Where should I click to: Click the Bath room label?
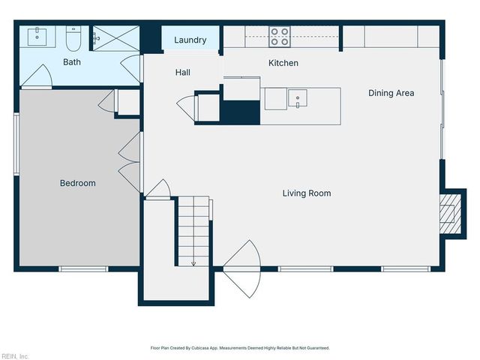pyautogui.click(x=72, y=62)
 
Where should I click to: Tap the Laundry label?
pyautogui.click(x=190, y=40)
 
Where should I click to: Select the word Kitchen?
pyautogui.click(x=283, y=63)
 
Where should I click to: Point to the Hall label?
pyautogui.click(x=183, y=73)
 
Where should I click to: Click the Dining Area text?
pyautogui.click(x=391, y=93)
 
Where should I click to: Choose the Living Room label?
pyautogui.click(x=307, y=193)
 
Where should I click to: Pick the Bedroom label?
pyautogui.click(x=78, y=183)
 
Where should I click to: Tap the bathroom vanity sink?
pyautogui.click(x=38, y=34)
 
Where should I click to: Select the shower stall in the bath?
pyautogui.click(x=115, y=38)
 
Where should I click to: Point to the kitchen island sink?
pyautogui.click(x=298, y=97)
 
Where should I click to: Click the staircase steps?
pyautogui.click(x=193, y=225)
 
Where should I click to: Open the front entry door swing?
pyautogui.click(x=242, y=268)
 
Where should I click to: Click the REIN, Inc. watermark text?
pyautogui.click(x=15, y=355)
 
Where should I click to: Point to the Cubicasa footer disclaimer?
pyautogui.click(x=240, y=348)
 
